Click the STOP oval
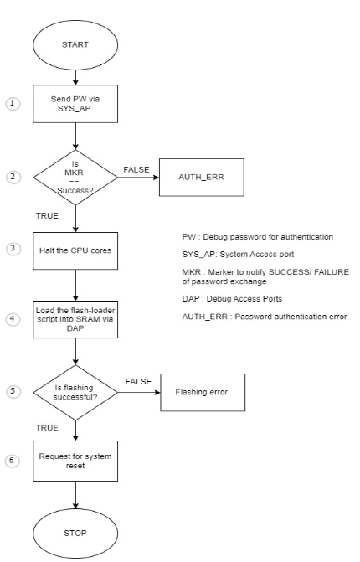pyautogui.click(x=76, y=531)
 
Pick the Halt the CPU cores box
pyautogui.click(x=76, y=249)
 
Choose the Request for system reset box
pyautogui.click(x=76, y=461)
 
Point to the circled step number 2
pyautogui.click(x=11, y=178)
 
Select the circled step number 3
pyautogui.click(x=11, y=249)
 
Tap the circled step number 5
pyautogui.click(x=11, y=391)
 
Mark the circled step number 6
pyautogui.click(x=11, y=461)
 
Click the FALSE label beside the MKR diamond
pyautogui.click(x=136, y=169)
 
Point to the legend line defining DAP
pyautogui.click(x=234, y=297)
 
